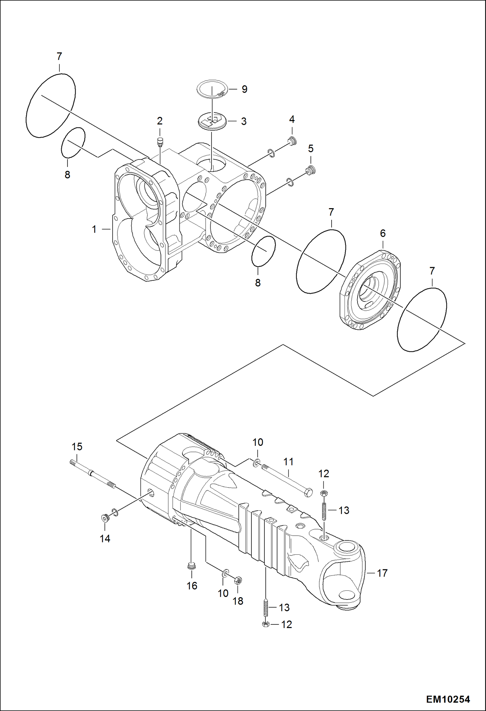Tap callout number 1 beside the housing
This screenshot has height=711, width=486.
click(x=94, y=230)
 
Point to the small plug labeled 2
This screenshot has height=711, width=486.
click(x=160, y=141)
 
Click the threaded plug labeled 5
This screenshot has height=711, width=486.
click(x=311, y=170)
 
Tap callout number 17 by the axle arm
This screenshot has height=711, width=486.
click(x=382, y=573)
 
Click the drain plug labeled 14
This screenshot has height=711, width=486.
click(x=104, y=518)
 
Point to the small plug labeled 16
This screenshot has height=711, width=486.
click(x=191, y=566)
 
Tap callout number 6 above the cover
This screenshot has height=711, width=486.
click(x=383, y=233)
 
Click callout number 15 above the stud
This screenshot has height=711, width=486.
click(x=77, y=447)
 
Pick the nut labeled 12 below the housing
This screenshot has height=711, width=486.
click(x=265, y=624)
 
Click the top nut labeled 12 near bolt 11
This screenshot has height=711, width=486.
click(x=323, y=493)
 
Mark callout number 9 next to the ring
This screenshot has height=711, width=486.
click(x=244, y=89)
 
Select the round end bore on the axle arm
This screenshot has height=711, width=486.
click(x=346, y=547)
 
